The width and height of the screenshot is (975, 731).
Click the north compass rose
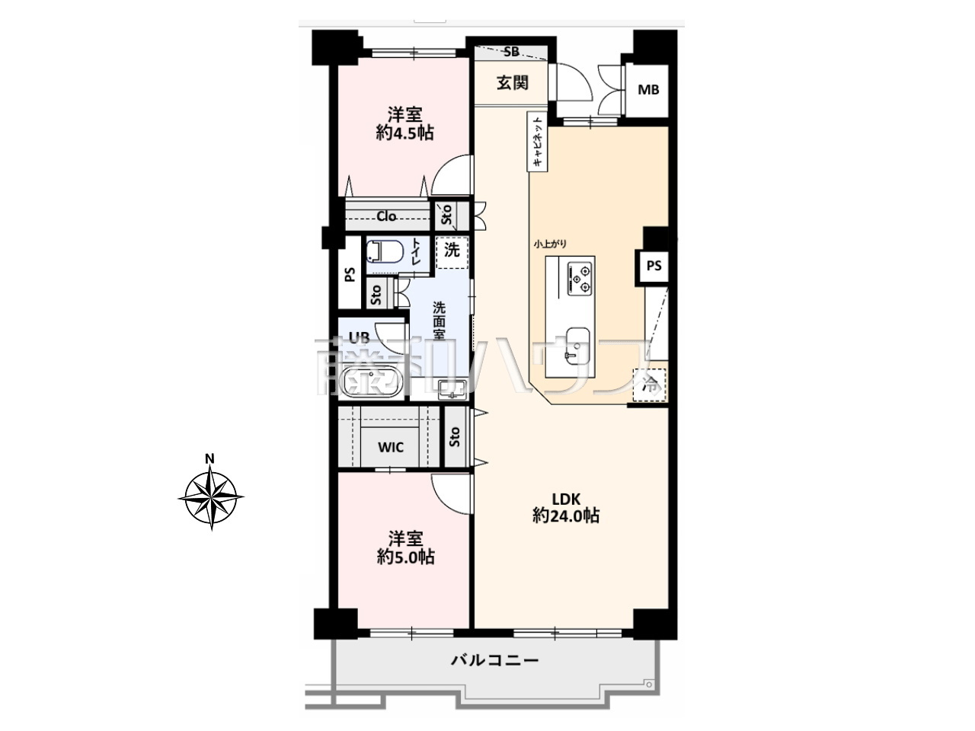210,496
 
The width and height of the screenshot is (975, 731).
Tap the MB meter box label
648,90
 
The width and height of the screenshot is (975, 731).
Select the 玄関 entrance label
512,83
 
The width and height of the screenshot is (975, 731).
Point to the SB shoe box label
512,52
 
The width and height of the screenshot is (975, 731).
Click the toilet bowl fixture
385,252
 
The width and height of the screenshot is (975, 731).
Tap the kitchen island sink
577,343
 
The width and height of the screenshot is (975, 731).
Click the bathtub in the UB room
372,381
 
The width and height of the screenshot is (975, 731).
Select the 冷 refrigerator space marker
649,385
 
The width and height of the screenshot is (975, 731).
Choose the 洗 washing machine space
452,252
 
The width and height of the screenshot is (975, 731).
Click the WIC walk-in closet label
391,447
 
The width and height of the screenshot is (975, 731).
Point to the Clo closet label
386,216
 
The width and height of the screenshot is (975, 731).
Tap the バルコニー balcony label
494,660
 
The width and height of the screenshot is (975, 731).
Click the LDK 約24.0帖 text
565,507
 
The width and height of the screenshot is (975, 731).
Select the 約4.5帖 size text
404,132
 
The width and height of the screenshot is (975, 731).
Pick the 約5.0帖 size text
405,557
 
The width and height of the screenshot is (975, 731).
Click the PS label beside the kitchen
654,266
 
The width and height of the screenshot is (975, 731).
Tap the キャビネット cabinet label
538,141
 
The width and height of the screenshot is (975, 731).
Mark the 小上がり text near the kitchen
551,244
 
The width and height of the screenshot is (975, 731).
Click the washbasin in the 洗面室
452,390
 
